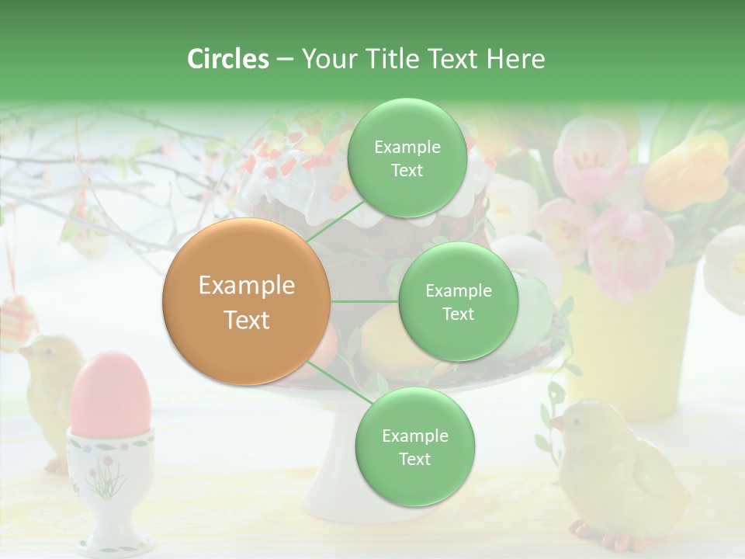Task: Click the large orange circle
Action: click(247, 301)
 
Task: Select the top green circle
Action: click(407, 158)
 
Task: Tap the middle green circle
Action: click(458, 301)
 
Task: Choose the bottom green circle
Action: click(414, 446)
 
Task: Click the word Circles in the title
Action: click(227, 59)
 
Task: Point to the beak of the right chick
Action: click(556, 423)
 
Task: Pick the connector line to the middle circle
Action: click(365, 301)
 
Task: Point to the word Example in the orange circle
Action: click(247, 286)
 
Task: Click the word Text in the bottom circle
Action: click(414, 459)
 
